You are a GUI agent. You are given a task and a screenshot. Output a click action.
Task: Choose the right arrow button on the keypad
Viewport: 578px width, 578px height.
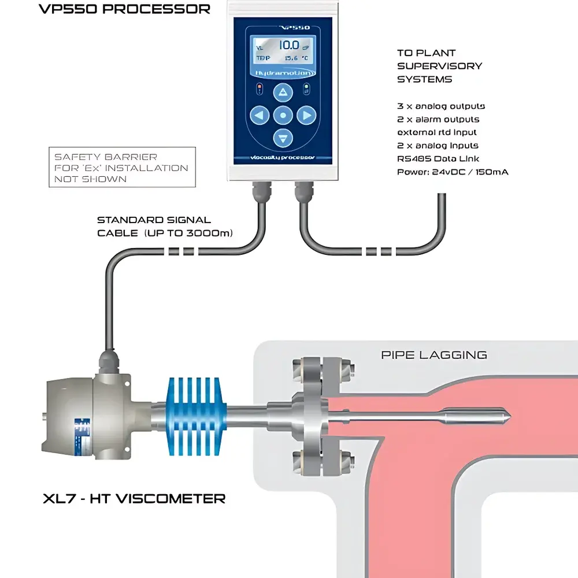[x=306, y=116]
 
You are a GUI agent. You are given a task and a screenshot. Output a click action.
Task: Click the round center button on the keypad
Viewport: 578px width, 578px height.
[x=283, y=116]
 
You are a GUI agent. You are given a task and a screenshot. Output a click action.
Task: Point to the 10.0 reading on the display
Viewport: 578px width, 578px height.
[x=288, y=45]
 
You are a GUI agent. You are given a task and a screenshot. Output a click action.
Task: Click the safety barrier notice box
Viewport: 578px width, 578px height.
[x=122, y=168]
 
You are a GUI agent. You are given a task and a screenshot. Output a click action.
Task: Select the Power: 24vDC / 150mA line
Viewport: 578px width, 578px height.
[x=453, y=172]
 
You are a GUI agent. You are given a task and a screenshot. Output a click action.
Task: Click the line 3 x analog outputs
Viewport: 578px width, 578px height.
[x=441, y=106]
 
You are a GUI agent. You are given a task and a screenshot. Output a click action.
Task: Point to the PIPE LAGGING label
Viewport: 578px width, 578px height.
[x=433, y=355]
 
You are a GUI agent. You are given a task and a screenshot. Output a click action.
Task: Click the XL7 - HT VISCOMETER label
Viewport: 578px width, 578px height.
[x=134, y=498]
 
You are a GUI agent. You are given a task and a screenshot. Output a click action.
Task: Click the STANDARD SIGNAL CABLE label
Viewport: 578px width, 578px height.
[x=165, y=227]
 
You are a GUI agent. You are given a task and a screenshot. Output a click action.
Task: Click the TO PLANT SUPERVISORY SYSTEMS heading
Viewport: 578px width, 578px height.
[x=439, y=66]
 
